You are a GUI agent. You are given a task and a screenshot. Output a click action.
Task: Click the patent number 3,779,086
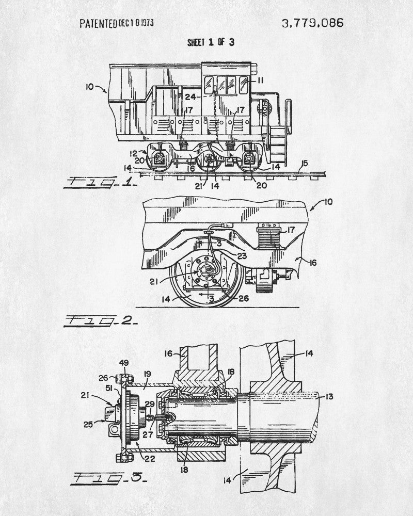tap(311, 23)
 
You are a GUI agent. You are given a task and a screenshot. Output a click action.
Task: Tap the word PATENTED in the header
tap(98, 23)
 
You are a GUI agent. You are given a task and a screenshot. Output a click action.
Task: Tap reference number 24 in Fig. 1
tap(190, 96)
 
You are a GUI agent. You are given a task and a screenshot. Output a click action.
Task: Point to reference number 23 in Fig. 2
tap(242, 254)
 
